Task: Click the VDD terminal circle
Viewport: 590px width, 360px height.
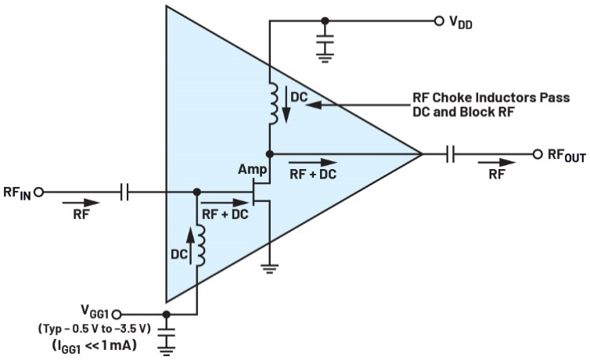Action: [x=439, y=21]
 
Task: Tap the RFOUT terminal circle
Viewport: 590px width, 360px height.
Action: [x=538, y=154]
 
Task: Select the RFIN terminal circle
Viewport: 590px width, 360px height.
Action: [x=39, y=193]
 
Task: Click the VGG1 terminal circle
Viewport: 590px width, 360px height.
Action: [x=117, y=314]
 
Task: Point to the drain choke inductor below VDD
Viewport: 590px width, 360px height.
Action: [x=273, y=104]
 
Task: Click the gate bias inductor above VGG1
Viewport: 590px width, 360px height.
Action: [x=200, y=246]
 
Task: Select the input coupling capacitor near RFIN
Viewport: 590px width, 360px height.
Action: [x=124, y=193]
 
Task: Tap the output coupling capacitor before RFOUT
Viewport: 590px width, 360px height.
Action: [x=451, y=154]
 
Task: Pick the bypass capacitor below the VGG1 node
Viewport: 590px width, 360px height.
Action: [x=167, y=332]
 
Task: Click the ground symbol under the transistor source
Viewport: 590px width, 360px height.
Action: [x=269, y=269]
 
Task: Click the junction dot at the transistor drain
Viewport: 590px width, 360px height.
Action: [x=269, y=154]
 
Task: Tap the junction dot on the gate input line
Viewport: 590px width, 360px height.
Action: [x=196, y=193]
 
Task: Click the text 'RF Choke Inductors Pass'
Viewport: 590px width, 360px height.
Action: [x=491, y=97]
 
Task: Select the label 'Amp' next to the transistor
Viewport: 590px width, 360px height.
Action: [x=252, y=170]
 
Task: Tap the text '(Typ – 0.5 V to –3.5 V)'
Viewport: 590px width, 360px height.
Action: [x=94, y=329]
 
